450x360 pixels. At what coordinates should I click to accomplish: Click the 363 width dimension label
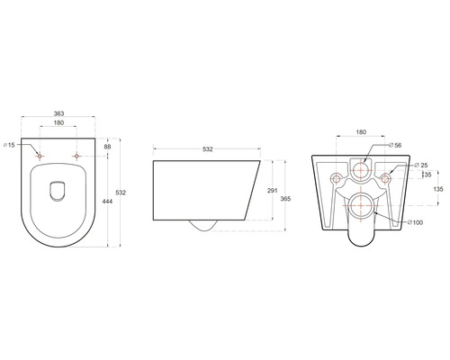coord(58,115)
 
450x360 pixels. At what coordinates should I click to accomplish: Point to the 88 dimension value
coord(108,147)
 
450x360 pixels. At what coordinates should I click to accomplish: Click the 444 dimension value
coord(109,202)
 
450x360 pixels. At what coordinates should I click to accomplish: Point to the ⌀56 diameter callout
coord(394,144)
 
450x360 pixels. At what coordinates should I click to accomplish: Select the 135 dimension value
coord(438,190)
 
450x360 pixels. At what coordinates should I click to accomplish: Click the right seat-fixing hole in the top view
coord(76,157)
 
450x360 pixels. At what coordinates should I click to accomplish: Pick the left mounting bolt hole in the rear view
coord(335,177)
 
